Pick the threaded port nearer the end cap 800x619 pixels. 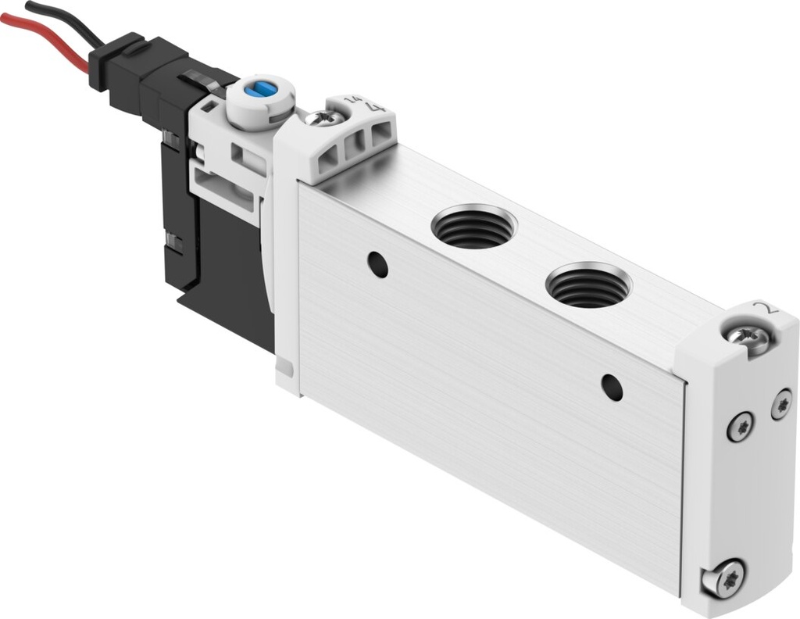(587, 286)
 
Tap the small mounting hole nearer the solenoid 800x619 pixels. (378, 264)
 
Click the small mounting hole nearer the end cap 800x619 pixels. (612, 387)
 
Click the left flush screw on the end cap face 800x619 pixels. (739, 426)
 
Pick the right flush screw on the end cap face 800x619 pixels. (780, 404)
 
